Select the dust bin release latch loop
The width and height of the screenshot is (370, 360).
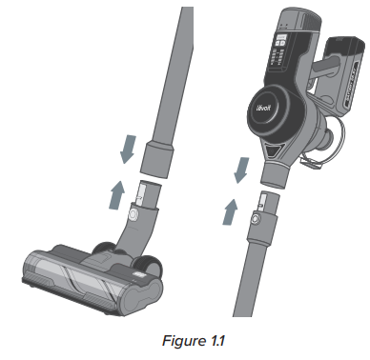[x=324, y=148]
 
